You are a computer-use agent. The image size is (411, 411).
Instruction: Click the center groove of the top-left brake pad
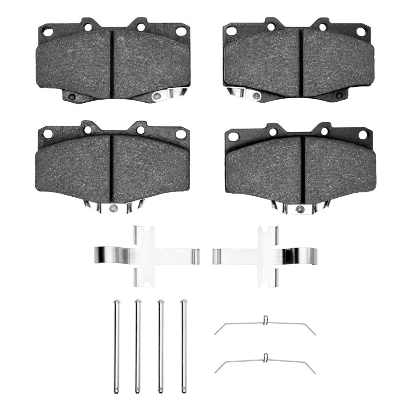click(x=111, y=63)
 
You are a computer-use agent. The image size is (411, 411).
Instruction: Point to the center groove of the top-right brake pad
click(x=301, y=62)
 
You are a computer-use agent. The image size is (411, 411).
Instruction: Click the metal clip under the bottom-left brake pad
click(x=114, y=207)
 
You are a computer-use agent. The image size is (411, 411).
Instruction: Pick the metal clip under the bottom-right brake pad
click(x=301, y=207)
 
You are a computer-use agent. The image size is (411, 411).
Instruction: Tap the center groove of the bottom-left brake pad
click(x=111, y=167)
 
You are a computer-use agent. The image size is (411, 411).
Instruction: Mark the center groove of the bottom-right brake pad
click(x=303, y=169)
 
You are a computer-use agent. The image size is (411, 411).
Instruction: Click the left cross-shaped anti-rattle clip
click(x=146, y=255)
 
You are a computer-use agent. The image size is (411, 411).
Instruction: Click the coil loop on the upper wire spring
click(x=265, y=321)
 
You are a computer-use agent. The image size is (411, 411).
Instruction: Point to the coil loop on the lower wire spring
click(x=265, y=358)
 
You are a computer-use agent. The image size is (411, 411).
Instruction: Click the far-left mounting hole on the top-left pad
click(x=48, y=32)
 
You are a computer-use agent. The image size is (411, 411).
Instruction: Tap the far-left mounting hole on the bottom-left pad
click(x=47, y=134)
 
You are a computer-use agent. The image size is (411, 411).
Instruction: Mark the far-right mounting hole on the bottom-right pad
click(x=363, y=135)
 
